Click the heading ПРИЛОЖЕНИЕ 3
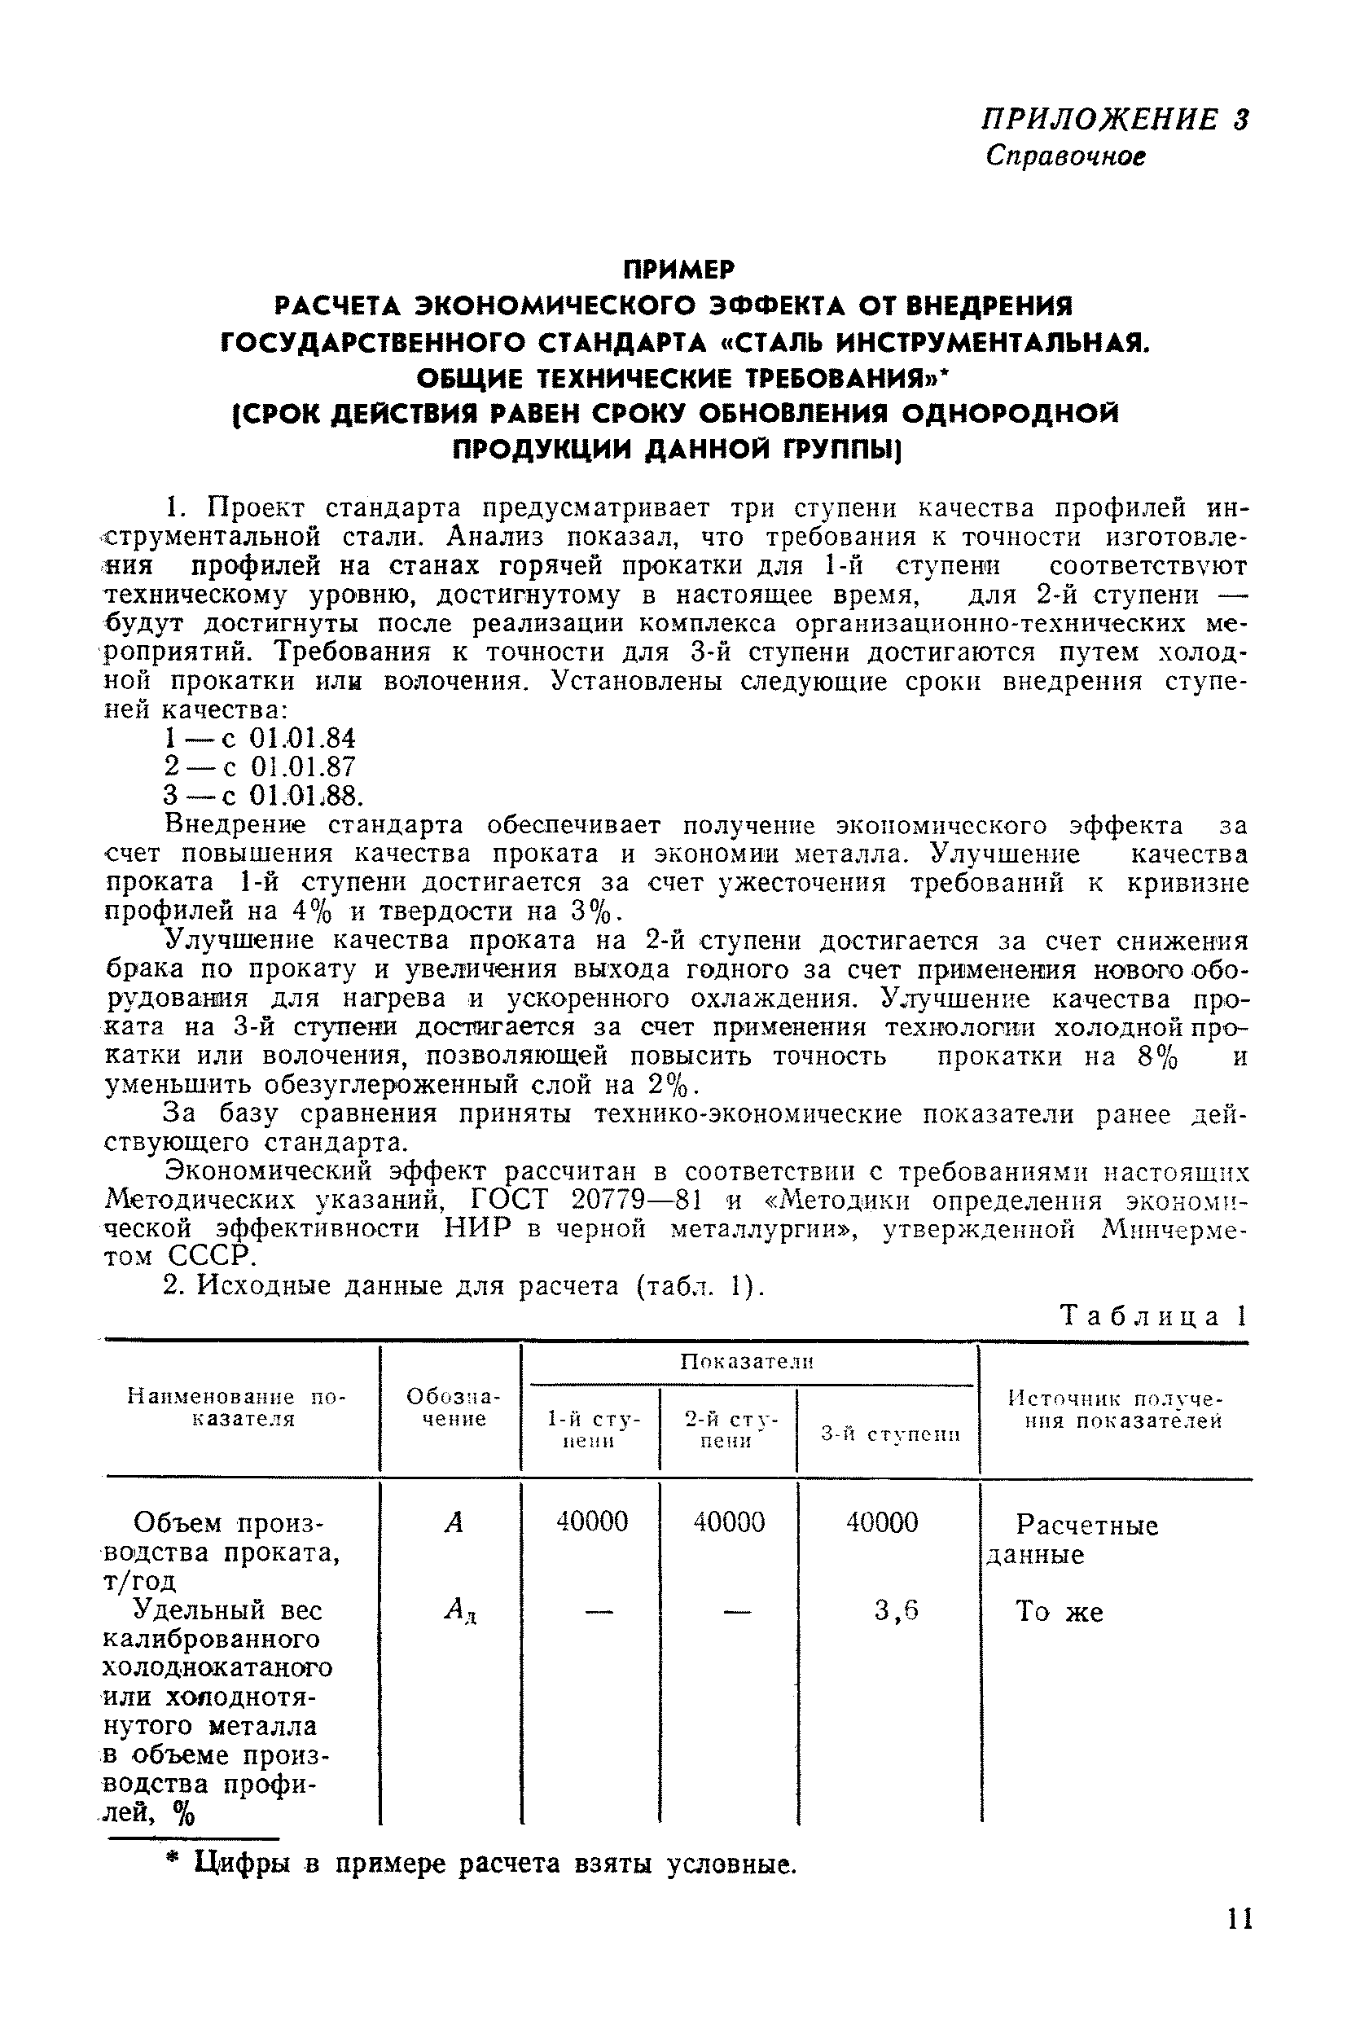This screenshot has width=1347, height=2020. tap(1114, 120)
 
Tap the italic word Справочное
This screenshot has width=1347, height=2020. tap(1065, 156)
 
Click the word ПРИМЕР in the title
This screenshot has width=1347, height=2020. tap(678, 270)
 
